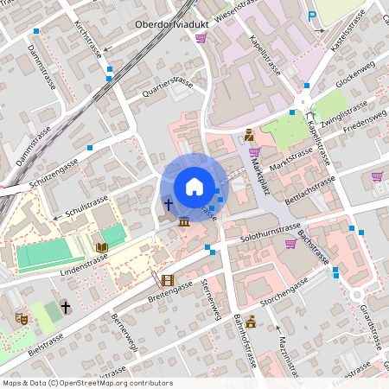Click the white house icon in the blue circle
[x=194, y=187]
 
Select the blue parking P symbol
[x=311, y=16]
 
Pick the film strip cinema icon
[x=167, y=280]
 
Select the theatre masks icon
[x=21, y=318]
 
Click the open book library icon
[x=102, y=247]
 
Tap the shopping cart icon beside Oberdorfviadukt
[x=201, y=38]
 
